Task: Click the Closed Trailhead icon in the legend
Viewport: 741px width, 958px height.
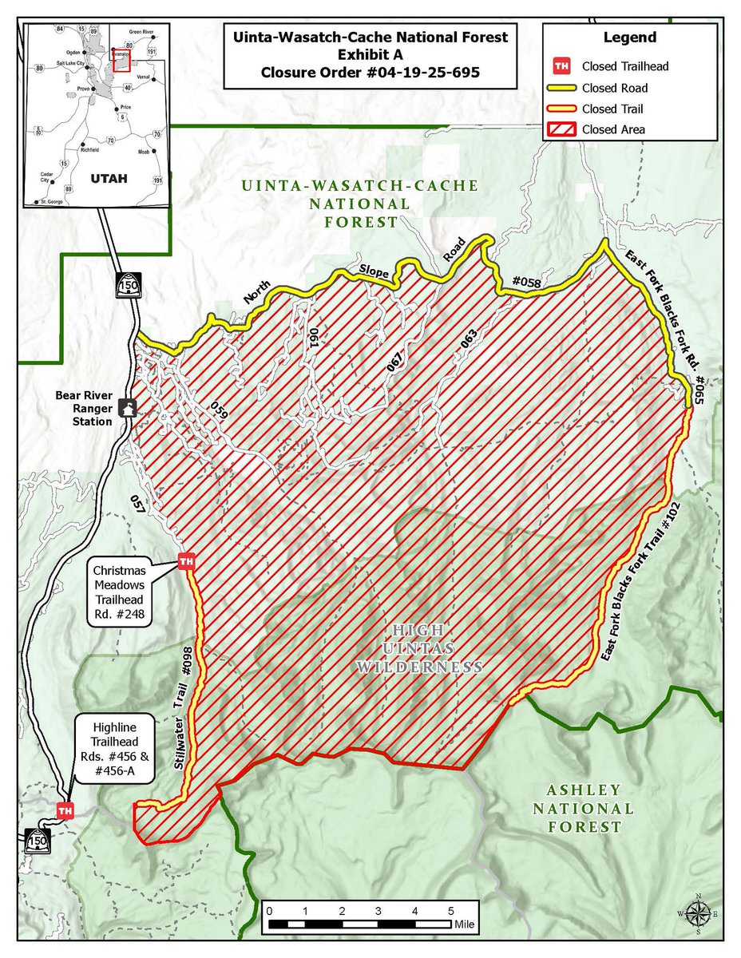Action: tap(562, 66)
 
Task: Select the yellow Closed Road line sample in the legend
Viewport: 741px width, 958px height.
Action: tap(562, 88)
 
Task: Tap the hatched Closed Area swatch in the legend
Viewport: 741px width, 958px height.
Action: tap(562, 129)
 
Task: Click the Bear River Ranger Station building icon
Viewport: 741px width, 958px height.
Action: tap(126, 408)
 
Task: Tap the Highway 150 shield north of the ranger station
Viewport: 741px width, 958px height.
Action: tap(127, 285)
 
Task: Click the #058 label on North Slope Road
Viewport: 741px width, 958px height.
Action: tap(525, 281)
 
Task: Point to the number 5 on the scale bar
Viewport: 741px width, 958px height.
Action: tap(451, 911)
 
